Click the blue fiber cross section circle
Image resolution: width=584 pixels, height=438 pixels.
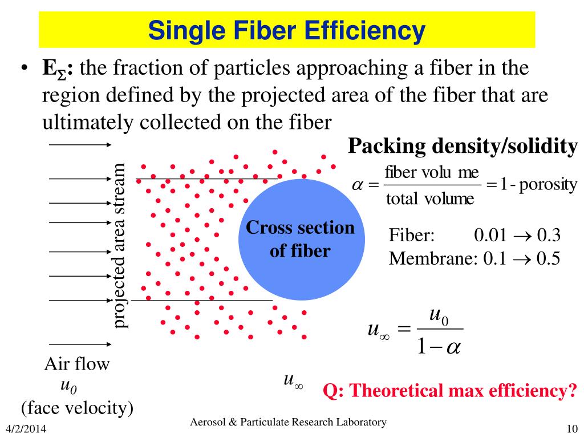pos(301,240)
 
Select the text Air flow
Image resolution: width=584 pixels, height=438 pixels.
pos(77,364)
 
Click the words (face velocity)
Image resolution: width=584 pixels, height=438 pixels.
pos(77,408)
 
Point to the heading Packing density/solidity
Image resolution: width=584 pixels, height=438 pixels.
pos(463,147)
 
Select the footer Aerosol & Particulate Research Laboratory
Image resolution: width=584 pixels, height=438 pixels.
pos(288,422)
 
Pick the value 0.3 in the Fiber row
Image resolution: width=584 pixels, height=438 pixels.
pos(550,236)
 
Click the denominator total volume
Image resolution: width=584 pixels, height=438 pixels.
pos(430,199)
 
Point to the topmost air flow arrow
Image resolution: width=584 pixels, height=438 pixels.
pos(79,145)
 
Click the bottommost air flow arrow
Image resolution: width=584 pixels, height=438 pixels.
pos(79,344)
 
